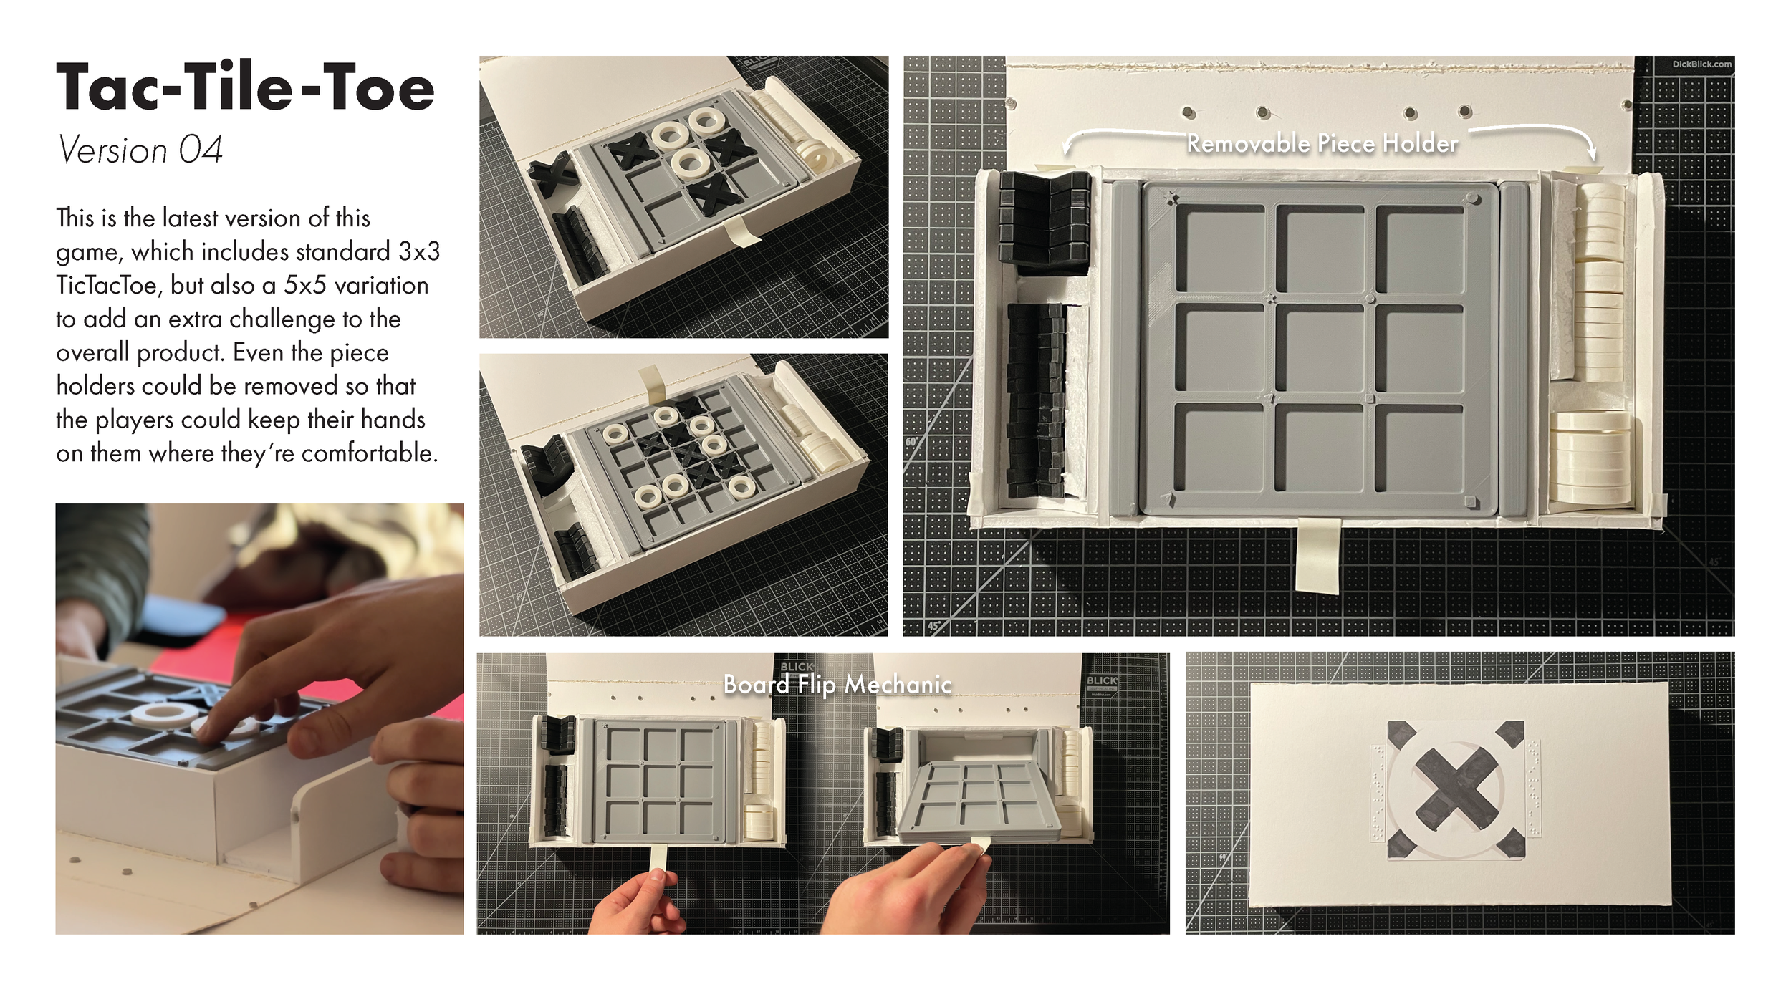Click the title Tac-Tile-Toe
245,88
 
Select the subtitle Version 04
140,150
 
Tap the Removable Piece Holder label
1322,144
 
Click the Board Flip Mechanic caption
837,685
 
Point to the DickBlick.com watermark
1701,64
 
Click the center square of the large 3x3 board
1320,349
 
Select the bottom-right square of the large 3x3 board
1419,448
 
